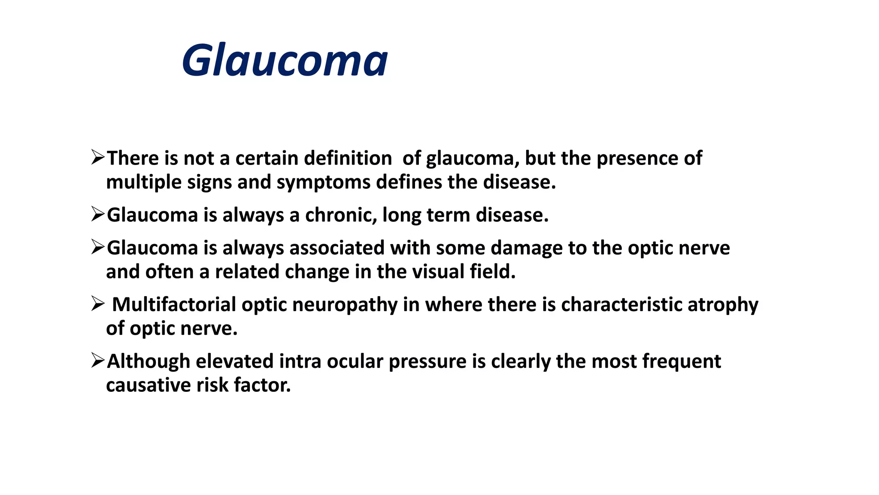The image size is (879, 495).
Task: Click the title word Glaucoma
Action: click(x=285, y=61)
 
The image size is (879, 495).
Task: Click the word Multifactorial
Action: click(x=174, y=305)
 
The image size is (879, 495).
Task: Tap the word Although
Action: click(x=149, y=361)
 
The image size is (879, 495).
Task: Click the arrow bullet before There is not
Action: click(x=98, y=157)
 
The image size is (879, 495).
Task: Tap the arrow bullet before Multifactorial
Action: click(x=98, y=304)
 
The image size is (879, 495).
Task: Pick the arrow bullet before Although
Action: click(x=98, y=361)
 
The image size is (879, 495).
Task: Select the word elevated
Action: click(x=234, y=361)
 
